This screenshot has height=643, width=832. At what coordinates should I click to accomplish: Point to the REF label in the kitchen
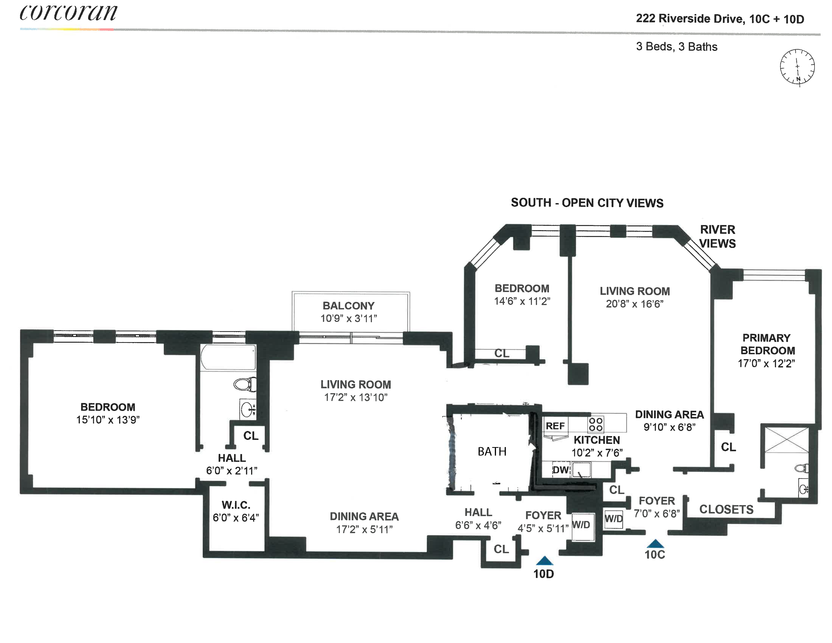click(555, 426)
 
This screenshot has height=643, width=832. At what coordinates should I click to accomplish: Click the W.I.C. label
click(236, 505)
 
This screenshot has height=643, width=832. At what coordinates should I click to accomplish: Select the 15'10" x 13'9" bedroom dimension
click(108, 420)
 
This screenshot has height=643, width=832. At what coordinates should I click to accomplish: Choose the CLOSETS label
click(726, 509)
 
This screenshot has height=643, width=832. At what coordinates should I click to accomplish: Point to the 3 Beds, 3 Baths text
click(677, 47)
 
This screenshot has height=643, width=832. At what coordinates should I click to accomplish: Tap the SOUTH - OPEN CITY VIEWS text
click(587, 203)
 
